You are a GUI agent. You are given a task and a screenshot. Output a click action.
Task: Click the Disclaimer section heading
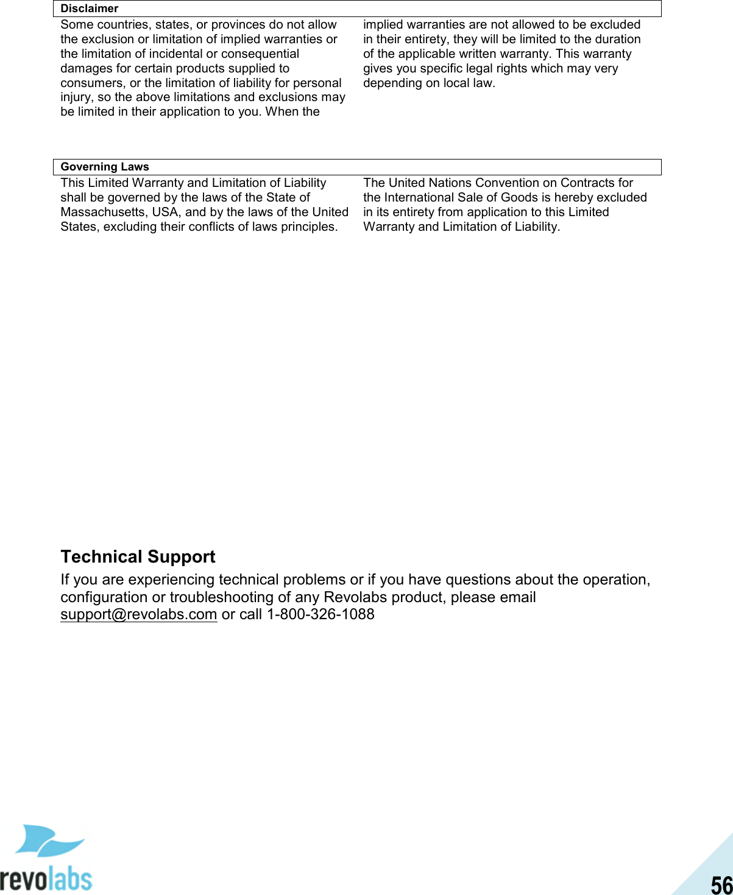(90, 9)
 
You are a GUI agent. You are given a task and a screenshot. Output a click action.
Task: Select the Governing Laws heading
(105, 167)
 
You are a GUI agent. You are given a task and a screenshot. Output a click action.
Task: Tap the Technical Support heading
(138, 556)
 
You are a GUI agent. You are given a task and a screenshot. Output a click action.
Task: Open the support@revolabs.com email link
(138, 614)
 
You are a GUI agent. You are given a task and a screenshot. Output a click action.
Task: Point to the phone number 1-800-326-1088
(320, 614)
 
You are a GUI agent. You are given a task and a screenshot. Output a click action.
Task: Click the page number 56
(721, 884)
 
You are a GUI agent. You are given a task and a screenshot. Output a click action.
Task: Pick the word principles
(309, 226)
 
